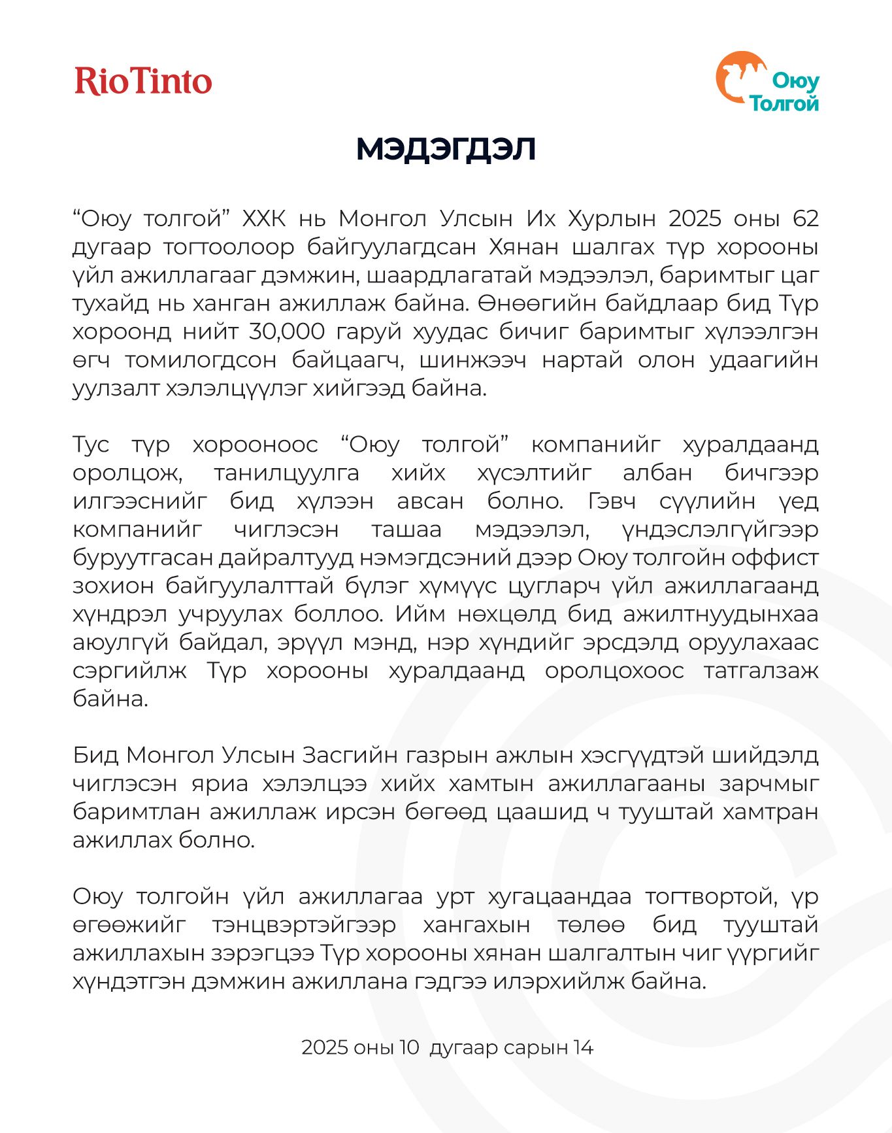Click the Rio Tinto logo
(x=143, y=81)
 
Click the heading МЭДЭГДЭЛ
(x=446, y=149)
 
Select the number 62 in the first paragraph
(x=805, y=218)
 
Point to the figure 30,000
(x=287, y=331)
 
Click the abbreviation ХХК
(x=264, y=218)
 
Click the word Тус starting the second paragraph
(x=91, y=445)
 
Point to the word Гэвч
(x=612, y=501)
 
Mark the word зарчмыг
(x=769, y=783)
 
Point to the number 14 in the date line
(x=583, y=1047)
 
